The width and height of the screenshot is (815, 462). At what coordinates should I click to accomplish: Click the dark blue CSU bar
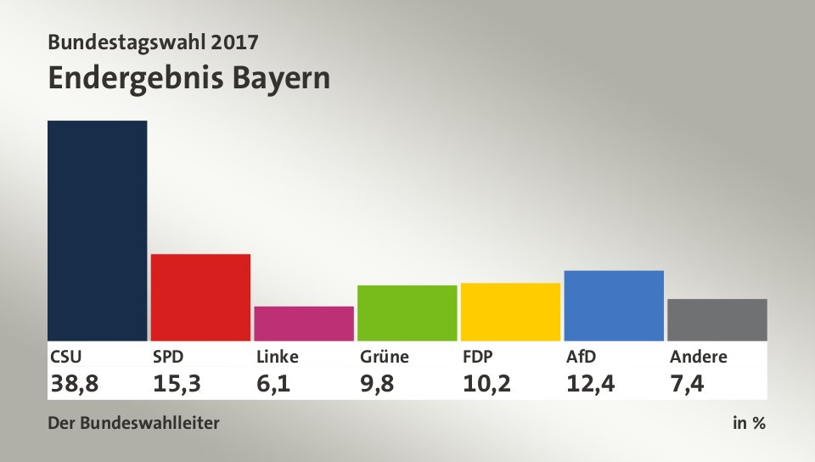(98, 230)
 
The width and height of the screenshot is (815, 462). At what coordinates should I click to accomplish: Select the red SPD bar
(200, 296)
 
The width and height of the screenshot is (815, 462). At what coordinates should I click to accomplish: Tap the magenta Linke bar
(304, 323)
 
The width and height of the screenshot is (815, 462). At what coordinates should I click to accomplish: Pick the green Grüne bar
(407, 313)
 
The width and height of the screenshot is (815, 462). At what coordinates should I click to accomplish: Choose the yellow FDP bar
(510, 311)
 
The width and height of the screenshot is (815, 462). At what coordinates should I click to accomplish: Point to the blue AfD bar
(614, 305)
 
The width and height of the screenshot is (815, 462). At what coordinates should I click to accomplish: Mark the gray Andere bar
(717, 319)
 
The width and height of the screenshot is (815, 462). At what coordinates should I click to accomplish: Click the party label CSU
(66, 357)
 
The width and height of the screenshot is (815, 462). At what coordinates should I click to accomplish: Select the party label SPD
(168, 357)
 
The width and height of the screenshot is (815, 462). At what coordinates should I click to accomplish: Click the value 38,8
(75, 384)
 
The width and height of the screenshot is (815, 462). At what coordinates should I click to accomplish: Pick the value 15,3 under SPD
(177, 384)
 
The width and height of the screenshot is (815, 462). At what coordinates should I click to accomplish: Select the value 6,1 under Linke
(274, 384)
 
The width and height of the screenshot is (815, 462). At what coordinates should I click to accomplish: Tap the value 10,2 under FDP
(486, 384)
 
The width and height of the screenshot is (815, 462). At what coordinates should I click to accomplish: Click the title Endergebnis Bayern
(188, 78)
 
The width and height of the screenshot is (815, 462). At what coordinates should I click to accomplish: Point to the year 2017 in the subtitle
(232, 41)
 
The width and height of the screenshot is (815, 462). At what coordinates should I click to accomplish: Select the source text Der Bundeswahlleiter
(133, 422)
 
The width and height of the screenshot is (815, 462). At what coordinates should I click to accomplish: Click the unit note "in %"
(749, 422)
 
